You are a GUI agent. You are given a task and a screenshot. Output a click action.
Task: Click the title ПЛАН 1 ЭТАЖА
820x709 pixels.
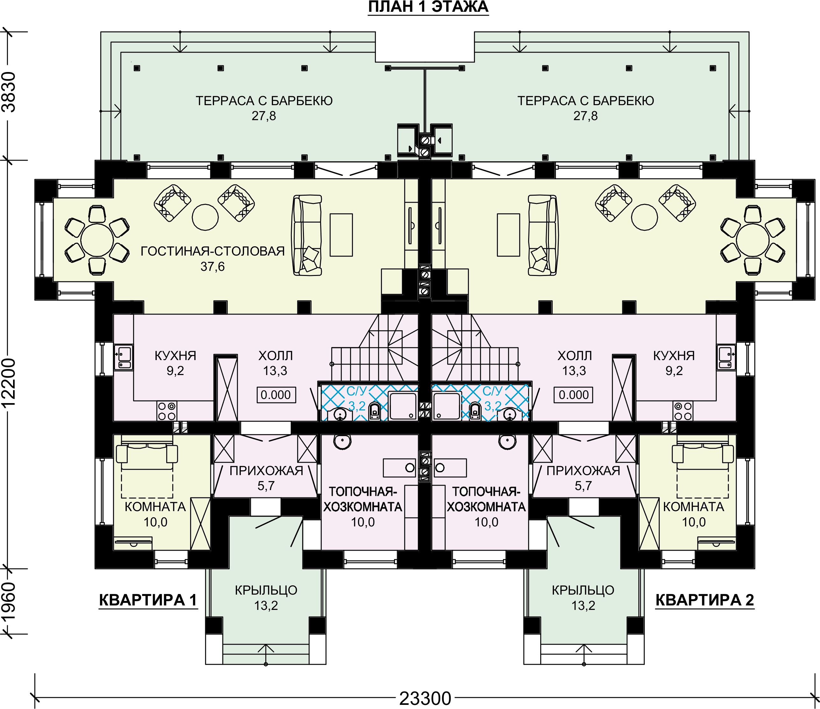click(428, 7)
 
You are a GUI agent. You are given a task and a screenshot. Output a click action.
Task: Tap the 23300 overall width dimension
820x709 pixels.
click(425, 698)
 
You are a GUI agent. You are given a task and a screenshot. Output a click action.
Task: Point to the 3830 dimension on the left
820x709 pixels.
click(9, 92)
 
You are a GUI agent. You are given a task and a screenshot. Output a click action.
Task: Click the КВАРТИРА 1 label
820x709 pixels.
click(148, 600)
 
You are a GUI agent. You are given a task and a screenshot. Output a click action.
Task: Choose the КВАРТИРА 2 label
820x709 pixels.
click(705, 600)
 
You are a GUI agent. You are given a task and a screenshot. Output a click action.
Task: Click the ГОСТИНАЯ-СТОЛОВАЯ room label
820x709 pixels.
click(213, 251)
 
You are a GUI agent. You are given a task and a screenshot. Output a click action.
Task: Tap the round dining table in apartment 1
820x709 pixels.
click(97, 240)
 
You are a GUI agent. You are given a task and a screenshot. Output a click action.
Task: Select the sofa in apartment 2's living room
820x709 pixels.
click(543, 235)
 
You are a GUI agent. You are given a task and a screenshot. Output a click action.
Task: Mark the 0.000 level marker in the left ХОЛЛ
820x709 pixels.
click(276, 395)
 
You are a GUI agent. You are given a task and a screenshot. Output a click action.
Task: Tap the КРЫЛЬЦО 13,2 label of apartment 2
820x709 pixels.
click(583, 598)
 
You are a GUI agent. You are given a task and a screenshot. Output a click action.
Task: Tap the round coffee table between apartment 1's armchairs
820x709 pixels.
click(205, 217)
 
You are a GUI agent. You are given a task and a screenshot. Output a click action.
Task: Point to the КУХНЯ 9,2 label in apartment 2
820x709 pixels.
click(674, 363)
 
